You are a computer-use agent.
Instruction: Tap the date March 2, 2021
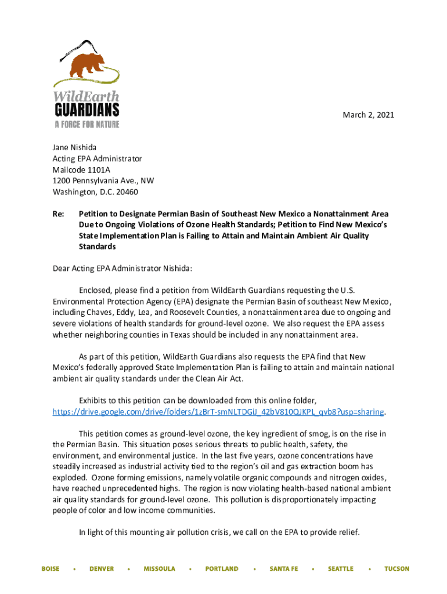(369, 115)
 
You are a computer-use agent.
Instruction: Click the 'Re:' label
(58, 214)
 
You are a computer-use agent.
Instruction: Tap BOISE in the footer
(51, 569)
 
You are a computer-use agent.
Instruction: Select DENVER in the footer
(102, 569)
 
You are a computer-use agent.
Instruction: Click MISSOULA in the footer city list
(159, 569)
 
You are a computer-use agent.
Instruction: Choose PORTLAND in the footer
(222, 569)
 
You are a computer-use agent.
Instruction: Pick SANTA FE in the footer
(283, 569)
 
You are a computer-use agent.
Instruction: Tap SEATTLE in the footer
(340, 569)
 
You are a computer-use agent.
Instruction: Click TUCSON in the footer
(396, 569)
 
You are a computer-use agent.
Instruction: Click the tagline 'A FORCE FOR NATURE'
(87, 124)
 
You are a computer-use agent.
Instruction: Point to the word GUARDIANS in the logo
(87, 110)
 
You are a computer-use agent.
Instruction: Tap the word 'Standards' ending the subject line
(98, 247)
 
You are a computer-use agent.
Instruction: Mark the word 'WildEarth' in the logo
(86, 96)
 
